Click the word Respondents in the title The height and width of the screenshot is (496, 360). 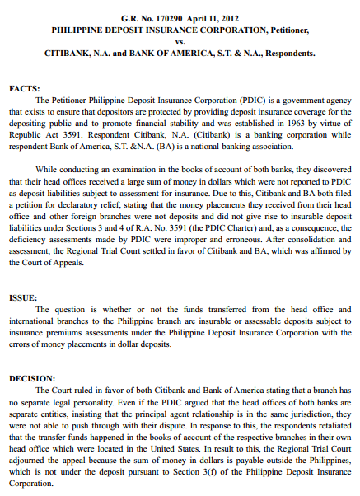(284, 52)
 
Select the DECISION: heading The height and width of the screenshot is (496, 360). (32, 377)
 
